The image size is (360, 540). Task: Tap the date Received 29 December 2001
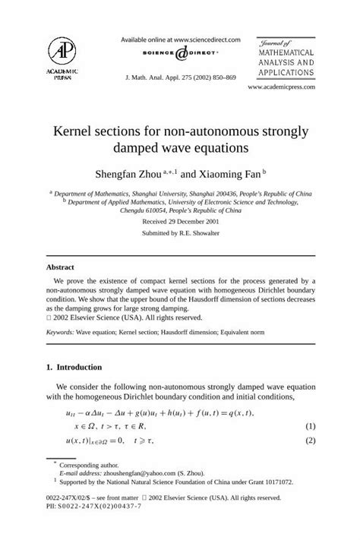point(179,220)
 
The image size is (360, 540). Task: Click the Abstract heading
point(60,267)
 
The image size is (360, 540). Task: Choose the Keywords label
point(61,332)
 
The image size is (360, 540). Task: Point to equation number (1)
point(310,428)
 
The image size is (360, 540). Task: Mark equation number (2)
point(310,441)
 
